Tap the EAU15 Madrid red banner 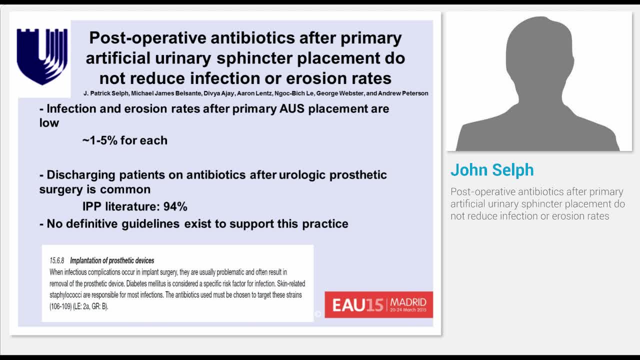[378, 304]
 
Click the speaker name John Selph [492, 170]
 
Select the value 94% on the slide [175, 206]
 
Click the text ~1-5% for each [125, 140]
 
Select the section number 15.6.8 [58, 260]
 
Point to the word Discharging [81, 175]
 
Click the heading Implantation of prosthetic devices [112, 260]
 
